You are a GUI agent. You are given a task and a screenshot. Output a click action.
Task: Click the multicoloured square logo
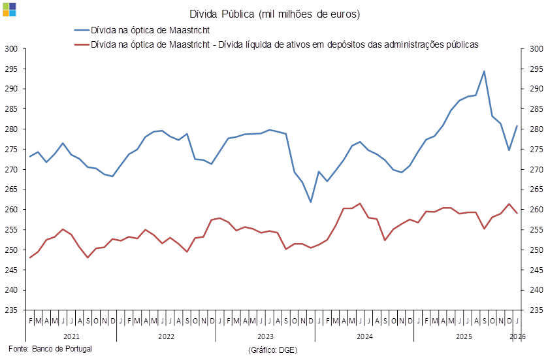tap(9, 9)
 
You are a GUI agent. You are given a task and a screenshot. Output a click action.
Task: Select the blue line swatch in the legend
tap(82, 30)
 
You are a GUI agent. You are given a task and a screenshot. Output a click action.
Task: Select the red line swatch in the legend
tap(82, 45)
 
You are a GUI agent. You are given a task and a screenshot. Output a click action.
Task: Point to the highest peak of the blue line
tap(484, 71)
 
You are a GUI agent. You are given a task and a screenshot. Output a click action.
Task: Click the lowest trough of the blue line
tap(311, 202)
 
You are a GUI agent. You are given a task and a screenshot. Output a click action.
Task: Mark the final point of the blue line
tap(518, 125)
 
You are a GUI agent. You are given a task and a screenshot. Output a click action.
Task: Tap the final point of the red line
tap(518, 214)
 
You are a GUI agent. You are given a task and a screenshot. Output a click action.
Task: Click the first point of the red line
tap(30, 257)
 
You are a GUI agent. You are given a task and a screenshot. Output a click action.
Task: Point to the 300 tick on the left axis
tap(10, 48)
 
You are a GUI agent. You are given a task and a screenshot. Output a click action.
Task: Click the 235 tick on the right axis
tap(536, 310)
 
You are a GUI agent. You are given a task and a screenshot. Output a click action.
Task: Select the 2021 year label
tap(67, 336)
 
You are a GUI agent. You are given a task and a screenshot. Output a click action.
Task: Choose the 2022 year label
tap(166, 336)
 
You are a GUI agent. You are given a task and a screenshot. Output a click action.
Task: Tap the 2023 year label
tap(265, 336)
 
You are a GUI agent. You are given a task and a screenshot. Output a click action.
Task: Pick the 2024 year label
tap(364, 336)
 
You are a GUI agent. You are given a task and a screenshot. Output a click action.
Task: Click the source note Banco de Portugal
tap(51, 348)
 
